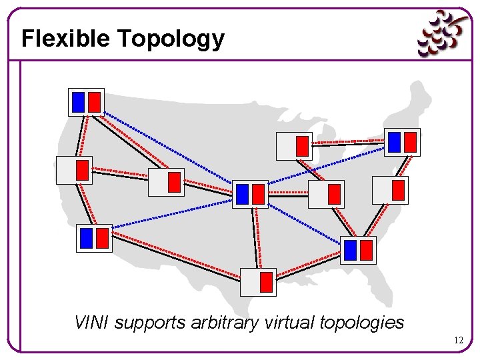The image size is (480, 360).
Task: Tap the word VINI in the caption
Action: [x=92, y=323]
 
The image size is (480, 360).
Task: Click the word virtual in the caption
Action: [x=289, y=323]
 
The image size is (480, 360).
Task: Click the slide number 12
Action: [x=458, y=340]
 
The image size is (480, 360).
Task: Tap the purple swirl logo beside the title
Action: [x=442, y=33]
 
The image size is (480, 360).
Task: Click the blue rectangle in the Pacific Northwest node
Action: [x=78, y=102]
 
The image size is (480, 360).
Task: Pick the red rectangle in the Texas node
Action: [x=266, y=282]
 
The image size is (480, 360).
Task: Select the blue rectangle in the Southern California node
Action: [x=86, y=238]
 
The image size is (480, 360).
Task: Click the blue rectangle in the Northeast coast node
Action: [x=394, y=141]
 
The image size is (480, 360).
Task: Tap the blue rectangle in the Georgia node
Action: [x=350, y=250]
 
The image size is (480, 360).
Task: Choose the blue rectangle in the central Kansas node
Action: [x=242, y=194]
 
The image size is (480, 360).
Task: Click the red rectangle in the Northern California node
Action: [x=82, y=170]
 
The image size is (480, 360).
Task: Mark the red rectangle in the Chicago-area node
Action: [x=302, y=145]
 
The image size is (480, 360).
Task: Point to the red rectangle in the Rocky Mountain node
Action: [x=174, y=182]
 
